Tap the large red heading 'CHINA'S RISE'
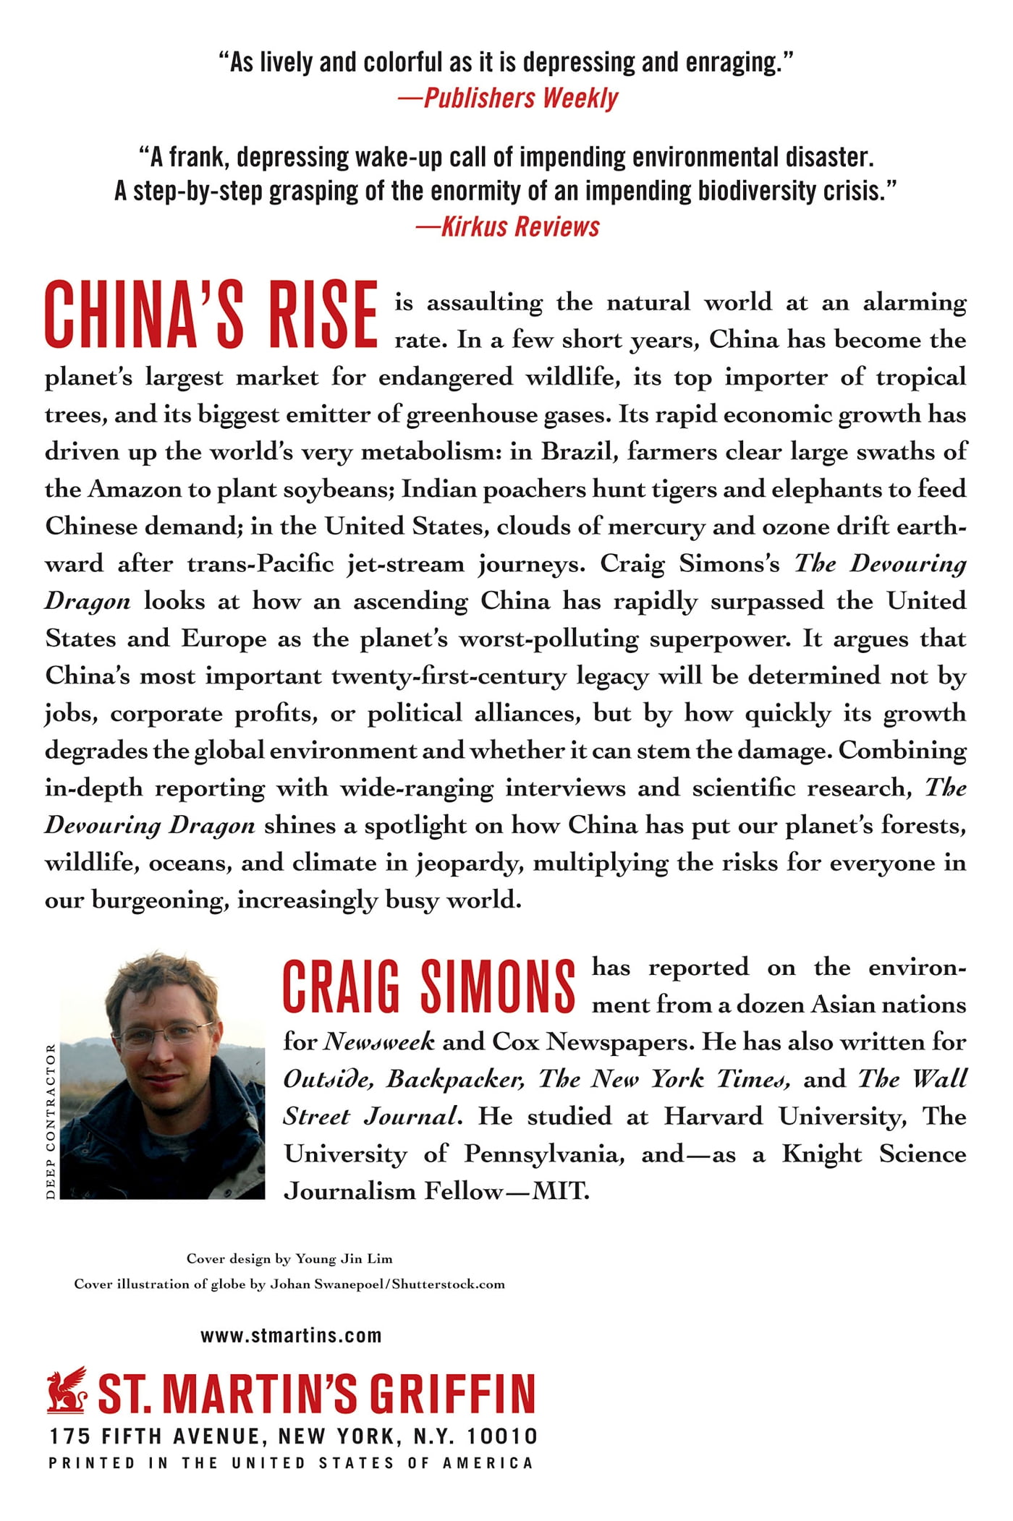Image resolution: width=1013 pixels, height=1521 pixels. [211, 314]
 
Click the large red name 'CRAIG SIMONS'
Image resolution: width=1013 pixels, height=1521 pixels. [428, 987]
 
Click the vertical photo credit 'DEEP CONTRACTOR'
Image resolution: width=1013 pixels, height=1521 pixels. [50, 1121]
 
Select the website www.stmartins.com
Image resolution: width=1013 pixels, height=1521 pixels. [291, 1335]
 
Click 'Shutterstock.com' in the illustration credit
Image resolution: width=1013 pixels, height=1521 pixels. [449, 1284]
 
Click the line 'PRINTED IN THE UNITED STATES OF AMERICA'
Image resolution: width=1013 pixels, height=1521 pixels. [291, 1462]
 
